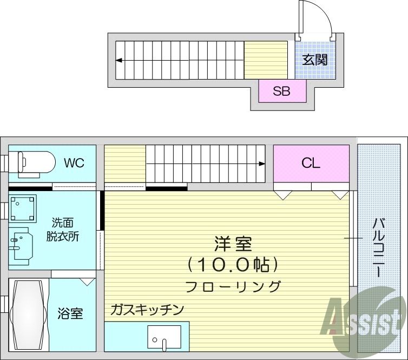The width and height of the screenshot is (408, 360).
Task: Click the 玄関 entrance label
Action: pyautogui.click(x=314, y=60)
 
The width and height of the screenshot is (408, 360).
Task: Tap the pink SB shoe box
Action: pyautogui.click(x=281, y=91)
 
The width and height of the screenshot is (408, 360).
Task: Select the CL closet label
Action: pyautogui.click(x=311, y=163)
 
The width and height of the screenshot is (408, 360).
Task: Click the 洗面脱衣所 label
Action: pyautogui.click(x=65, y=229)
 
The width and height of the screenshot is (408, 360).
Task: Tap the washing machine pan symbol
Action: pyautogui.click(x=22, y=208)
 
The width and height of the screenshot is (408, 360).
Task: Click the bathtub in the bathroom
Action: pyautogui.click(x=28, y=314)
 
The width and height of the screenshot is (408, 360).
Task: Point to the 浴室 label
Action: pyautogui.click(x=70, y=313)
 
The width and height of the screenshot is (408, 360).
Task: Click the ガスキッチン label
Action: pyautogui.click(x=147, y=310)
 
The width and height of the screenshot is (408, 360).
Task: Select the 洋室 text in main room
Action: pyautogui.click(x=233, y=244)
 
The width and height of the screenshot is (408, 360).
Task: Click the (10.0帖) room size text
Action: pyautogui.click(x=233, y=265)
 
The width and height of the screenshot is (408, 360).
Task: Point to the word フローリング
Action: pyautogui.click(x=233, y=286)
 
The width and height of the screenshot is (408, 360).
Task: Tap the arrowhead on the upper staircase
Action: pyautogui.click(x=118, y=60)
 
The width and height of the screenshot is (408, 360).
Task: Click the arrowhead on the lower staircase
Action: pyautogui.click(x=262, y=163)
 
